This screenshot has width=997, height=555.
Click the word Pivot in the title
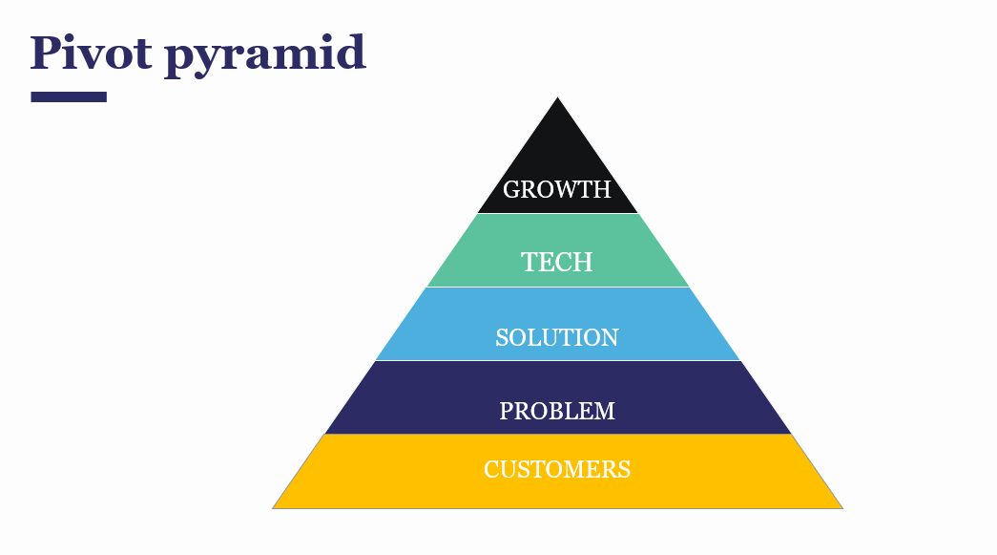(x=91, y=53)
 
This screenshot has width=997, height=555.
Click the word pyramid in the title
(x=265, y=55)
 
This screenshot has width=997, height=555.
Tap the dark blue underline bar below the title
(x=69, y=96)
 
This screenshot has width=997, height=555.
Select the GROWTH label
(x=557, y=189)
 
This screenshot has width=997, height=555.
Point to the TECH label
(x=557, y=262)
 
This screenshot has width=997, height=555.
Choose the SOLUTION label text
(x=557, y=337)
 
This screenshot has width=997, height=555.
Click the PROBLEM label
(x=557, y=411)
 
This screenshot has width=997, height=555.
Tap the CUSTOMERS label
(x=557, y=469)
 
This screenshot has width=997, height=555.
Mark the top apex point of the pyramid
(x=557, y=98)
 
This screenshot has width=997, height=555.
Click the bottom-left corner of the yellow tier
(x=274, y=507)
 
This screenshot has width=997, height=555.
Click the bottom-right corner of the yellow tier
(x=841, y=507)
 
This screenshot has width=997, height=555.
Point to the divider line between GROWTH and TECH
(x=557, y=213)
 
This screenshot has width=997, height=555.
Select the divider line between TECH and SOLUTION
(x=557, y=287)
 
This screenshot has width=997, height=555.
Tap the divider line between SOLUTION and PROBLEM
(x=557, y=360)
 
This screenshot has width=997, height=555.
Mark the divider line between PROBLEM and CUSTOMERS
(x=557, y=435)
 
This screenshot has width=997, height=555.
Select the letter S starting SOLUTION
(x=502, y=337)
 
